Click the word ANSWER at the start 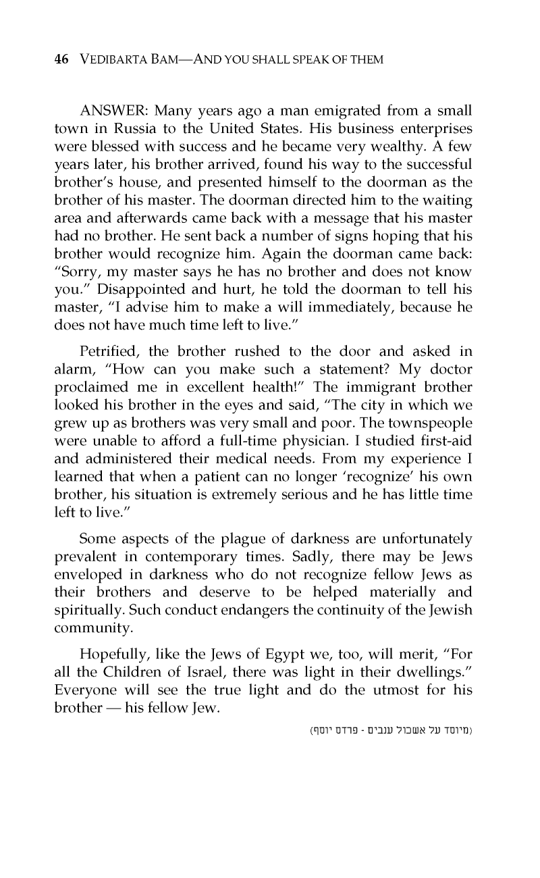111,110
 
